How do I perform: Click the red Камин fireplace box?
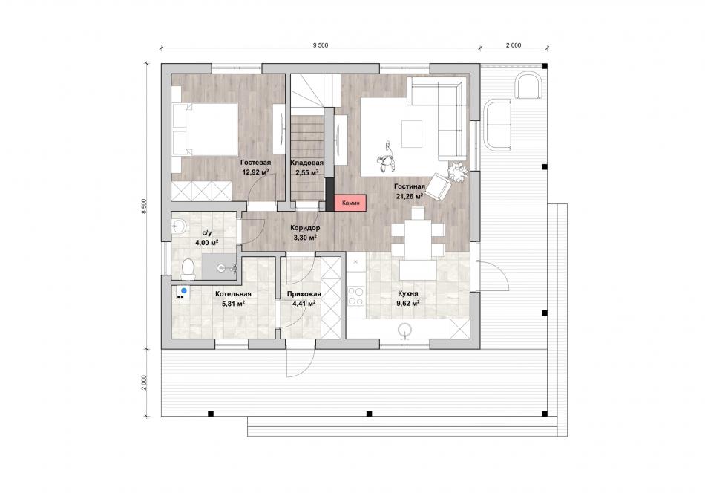[351, 203]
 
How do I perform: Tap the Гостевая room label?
[255, 163]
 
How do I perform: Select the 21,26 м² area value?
[409, 196]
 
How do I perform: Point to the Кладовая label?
[306, 163]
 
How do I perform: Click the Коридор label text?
[305, 228]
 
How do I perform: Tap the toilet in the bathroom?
[188, 268]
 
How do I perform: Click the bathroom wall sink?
[179, 226]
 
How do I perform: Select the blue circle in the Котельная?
[184, 290]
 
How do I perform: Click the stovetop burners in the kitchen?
[355, 296]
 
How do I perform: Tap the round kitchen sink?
[405, 330]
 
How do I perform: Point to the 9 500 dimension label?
[321, 45]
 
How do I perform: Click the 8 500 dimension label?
[144, 206]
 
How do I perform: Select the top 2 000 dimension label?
[514, 45]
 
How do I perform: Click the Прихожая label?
[304, 294]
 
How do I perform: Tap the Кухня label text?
[408, 294]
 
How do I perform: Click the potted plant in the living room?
[458, 172]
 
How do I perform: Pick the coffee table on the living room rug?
[412, 134]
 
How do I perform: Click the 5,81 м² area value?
[233, 304]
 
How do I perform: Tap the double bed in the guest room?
[205, 130]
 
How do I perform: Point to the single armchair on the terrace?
[528, 85]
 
